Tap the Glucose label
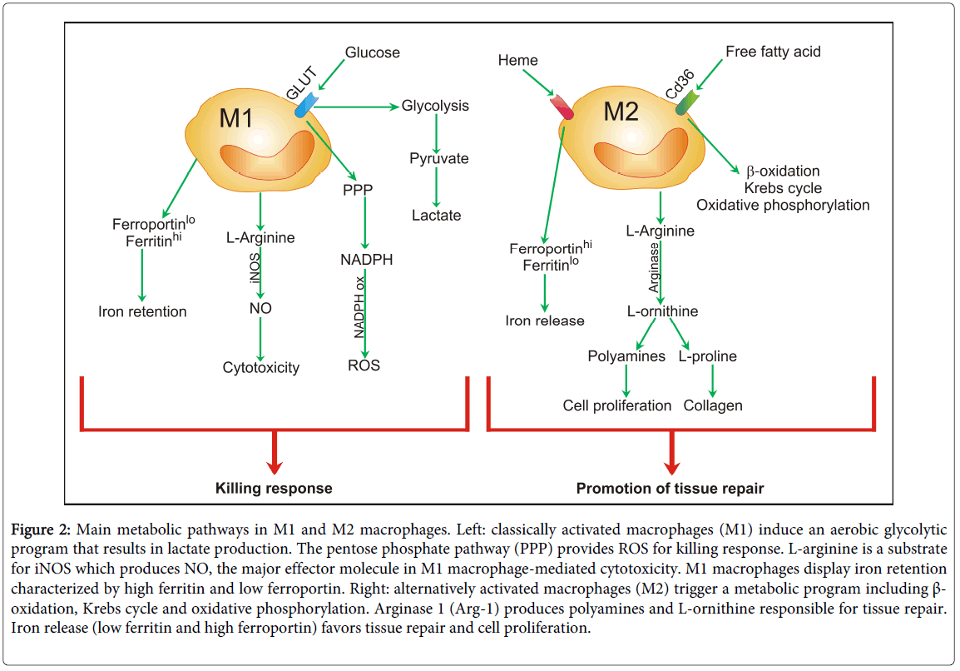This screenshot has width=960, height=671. pyautogui.click(x=373, y=52)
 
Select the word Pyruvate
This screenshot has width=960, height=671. pyautogui.click(x=438, y=158)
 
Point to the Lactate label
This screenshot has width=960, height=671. pyautogui.click(x=436, y=215)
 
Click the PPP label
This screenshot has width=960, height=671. pyautogui.click(x=357, y=189)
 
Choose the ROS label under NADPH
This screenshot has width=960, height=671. pyautogui.click(x=364, y=365)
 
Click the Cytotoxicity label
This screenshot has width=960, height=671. pyautogui.click(x=260, y=367)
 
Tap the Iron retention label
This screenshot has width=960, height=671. pyautogui.click(x=142, y=312)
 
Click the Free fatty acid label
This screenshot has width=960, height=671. pyautogui.click(x=773, y=52)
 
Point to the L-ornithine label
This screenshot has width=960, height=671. pyautogui.click(x=662, y=311)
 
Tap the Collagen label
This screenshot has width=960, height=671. pyautogui.click(x=713, y=405)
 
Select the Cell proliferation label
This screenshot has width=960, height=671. pyautogui.click(x=617, y=405)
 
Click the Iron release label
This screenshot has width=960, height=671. pyautogui.click(x=545, y=321)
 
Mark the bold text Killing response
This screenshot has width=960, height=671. pyautogui.click(x=274, y=488)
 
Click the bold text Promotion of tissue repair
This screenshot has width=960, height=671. pyautogui.click(x=670, y=488)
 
